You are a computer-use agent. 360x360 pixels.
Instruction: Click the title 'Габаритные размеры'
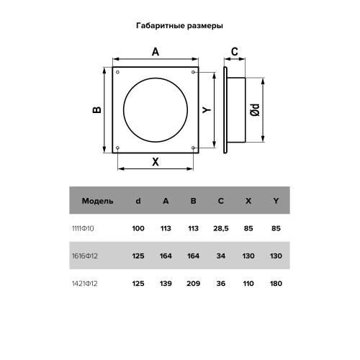coord(179,25)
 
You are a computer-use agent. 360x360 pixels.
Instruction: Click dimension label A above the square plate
coord(155,52)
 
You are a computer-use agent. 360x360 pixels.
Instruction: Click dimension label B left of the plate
coord(96,110)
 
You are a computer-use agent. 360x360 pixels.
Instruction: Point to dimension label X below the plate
coord(155,162)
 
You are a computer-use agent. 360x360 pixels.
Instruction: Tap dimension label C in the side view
coord(234,52)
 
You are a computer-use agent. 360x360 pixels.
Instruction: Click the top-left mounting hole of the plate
coord(117,71)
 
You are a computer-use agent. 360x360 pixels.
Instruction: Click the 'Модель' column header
coord(97,201)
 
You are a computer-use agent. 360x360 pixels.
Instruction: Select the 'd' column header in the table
coord(138,201)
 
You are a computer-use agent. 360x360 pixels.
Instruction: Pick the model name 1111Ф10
coord(92,228)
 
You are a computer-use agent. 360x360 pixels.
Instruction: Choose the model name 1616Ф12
coord(92,255)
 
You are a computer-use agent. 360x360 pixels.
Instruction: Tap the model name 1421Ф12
coord(92,282)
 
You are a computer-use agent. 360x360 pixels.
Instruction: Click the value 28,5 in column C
coord(220,228)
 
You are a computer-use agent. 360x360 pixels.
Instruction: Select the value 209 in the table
coord(193,282)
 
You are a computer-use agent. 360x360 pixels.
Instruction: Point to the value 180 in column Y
coord(276,282)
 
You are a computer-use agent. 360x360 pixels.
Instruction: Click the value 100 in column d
coord(138,228)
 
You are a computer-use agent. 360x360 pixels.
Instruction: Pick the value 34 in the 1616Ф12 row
coord(220,255)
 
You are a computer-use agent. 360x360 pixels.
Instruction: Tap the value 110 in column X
coord(248,282)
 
